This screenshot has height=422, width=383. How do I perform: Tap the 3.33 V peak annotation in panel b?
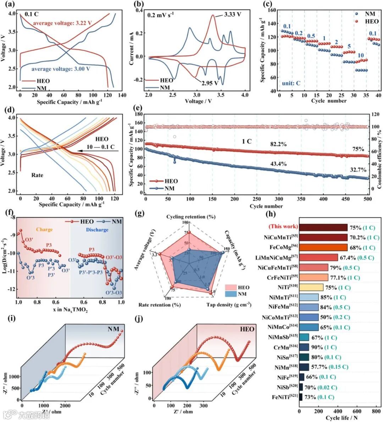(x=232, y=15)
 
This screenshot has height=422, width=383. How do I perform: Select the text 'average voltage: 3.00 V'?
(x=61, y=69)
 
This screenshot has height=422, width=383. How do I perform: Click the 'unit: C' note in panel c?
(x=291, y=83)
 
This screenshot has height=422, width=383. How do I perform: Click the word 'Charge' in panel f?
(x=44, y=230)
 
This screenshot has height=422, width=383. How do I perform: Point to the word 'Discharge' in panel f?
(x=97, y=230)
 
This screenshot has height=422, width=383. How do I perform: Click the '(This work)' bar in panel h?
(x=323, y=227)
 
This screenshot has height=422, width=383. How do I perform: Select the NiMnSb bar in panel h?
(x=304, y=338)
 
